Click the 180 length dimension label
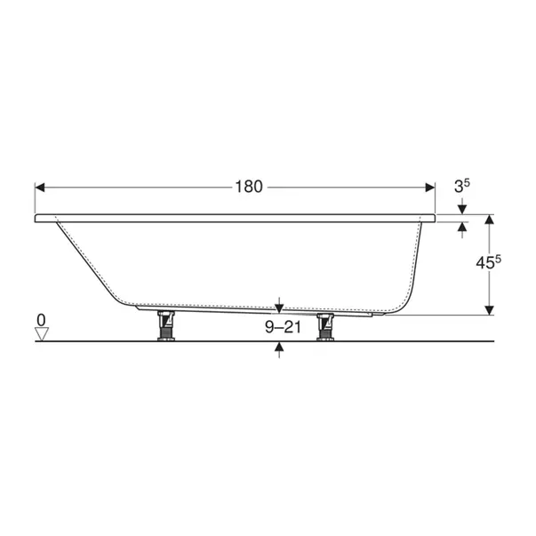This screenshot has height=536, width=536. (x=249, y=187)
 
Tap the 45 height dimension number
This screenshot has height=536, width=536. (x=485, y=263)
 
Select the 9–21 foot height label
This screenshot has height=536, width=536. (x=283, y=327)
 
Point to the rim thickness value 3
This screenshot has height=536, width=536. (x=459, y=187)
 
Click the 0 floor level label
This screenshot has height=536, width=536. (x=41, y=320)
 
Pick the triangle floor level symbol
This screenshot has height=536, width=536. (x=42, y=334)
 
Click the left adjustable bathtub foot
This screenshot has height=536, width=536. (x=166, y=325)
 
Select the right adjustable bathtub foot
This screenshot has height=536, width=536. (x=325, y=327)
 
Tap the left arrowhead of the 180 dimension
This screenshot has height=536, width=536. (x=40, y=188)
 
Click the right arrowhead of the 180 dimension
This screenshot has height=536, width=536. (x=429, y=188)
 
